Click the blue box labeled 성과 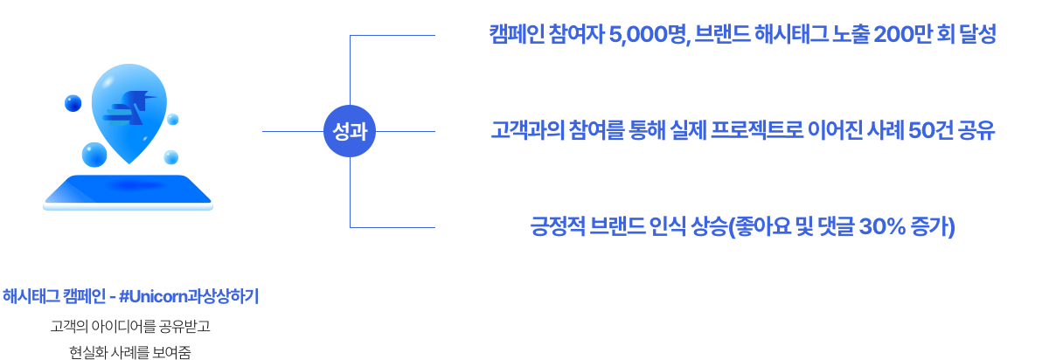tap(350, 132)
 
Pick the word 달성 tap(977, 35)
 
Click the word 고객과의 tap(523, 131)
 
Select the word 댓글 tap(831, 227)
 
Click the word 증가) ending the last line tap(934, 227)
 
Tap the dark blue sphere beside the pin tap(73, 103)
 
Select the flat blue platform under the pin tap(128, 191)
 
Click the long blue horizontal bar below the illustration tap(130, 296)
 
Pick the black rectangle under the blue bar tap(130, 339)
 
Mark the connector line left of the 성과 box tap(292, 132)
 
